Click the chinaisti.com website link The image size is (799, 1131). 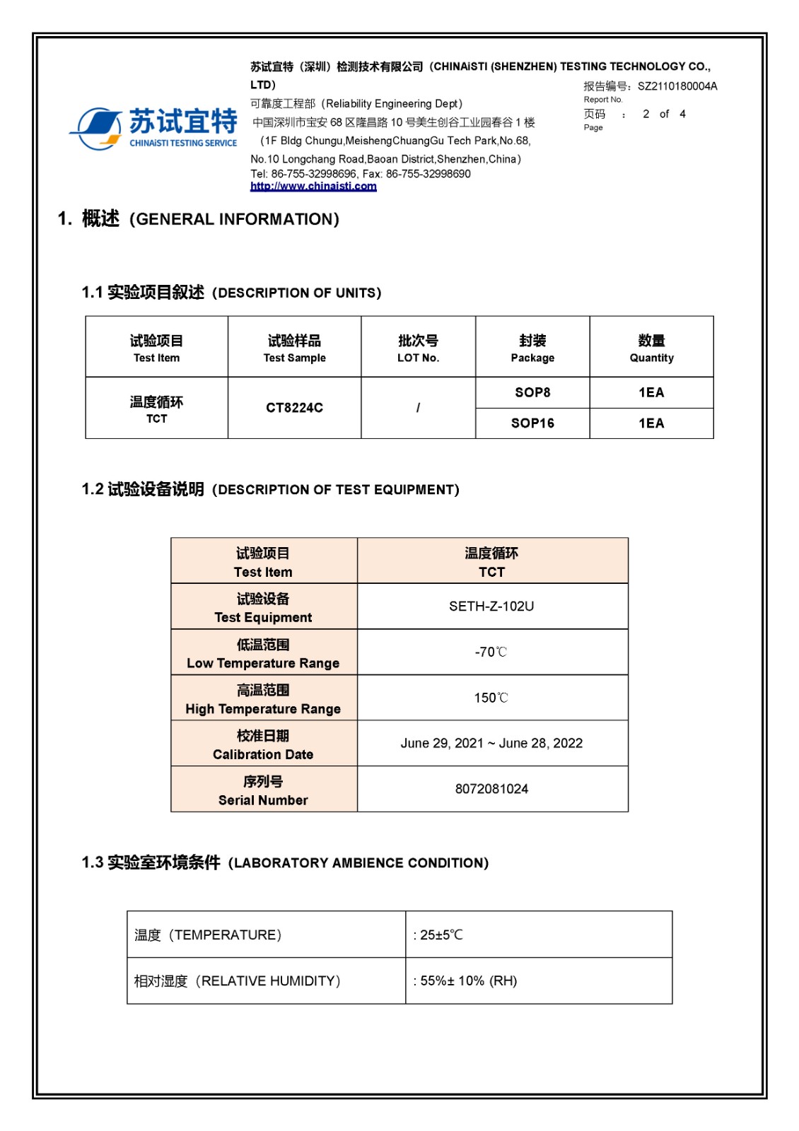(x=313, y=187)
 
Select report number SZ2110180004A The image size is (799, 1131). (x=677, y=86)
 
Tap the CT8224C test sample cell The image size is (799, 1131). (x=294, y=408)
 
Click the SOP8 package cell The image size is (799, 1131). (x=532, y=392)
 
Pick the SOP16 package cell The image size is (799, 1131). (x=532, y=423)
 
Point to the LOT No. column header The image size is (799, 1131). (x=418, y=348)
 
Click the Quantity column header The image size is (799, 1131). (x=651, y=348)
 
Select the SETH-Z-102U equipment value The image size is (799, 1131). (x=491, y=606)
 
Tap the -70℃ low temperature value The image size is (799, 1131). (x=491, y=652)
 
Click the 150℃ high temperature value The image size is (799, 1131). (x=491, y=698)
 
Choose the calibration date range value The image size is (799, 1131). (x=491, y=743)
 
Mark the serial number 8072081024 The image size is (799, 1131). (x=491, y=789)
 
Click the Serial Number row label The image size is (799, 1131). (x=263, y=790)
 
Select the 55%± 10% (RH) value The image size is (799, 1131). (x=468, y=981)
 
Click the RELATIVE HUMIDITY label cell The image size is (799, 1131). (x=238, y=981)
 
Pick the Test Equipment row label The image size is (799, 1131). (x=263, y=608)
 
